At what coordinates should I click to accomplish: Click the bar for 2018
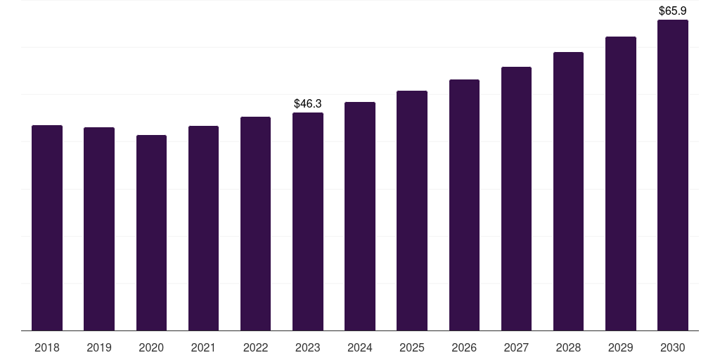(x=47, y=228)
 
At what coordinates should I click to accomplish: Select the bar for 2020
(x=152, y=233)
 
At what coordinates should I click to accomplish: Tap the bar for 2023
(x=308, y=221)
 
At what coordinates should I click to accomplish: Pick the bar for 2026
(x=464, y=205)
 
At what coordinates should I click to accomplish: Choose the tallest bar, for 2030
(x=673, y=175)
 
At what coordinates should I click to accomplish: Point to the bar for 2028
(x=568, y=191)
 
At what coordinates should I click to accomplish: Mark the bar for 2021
(x=203, y=229)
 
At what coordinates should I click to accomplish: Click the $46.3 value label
(x=308, y=104)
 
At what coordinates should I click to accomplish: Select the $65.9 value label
(x=673, y=11)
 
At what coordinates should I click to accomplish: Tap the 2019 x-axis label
(x=99, y=348)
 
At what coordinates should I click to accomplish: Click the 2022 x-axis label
(x=255, y=348)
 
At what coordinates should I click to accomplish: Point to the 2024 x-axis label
(x=360, y=348)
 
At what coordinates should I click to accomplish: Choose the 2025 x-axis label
(x=412, y=348)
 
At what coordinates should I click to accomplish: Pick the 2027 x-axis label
(x=516, y=348)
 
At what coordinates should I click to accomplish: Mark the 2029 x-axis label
(x=620, y=348)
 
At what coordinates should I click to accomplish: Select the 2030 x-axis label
(x=673, y=348)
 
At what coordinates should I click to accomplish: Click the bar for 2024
(x=360, y=217)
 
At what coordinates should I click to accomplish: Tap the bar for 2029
(x=621, y=184)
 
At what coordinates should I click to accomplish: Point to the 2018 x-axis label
(x=47, y=348)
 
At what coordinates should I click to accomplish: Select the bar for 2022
(x=255, y=224)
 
